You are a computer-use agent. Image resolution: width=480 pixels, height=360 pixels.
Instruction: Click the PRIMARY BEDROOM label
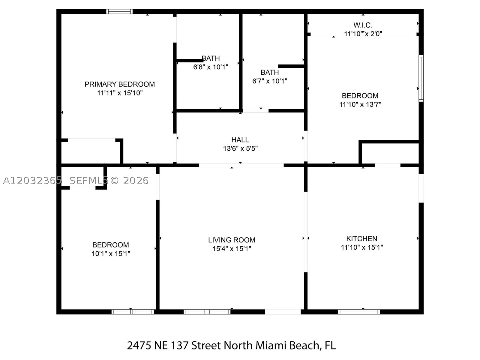[120, 84]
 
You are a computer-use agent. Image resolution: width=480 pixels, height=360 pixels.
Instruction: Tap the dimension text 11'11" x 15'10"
[120, 93]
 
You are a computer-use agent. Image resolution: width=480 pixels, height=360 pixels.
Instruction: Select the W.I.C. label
[363, 25]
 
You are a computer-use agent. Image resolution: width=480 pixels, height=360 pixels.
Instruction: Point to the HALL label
[240, 140]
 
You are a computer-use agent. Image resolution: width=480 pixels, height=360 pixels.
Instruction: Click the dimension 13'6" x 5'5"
[240, 148]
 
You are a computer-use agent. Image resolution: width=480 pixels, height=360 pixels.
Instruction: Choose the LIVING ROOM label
[232, 240]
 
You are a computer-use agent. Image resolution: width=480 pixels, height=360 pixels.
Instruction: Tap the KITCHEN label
[362, 238]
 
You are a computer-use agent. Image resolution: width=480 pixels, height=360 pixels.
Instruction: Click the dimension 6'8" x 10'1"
[211, 67]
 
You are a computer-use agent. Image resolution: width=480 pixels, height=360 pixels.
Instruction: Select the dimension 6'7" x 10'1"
[270, 81]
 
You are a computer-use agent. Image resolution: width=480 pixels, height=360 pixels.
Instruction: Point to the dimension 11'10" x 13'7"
[360, 104]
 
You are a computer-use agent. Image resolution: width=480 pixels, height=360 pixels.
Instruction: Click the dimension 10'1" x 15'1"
[111, 253]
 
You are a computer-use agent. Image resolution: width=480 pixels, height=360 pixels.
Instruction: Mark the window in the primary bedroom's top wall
[119, 11]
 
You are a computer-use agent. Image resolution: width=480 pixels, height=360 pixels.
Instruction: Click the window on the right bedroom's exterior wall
[421, 78]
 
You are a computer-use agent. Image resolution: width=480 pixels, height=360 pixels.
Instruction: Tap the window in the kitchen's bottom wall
[359, 312]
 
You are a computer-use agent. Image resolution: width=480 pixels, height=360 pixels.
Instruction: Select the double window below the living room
[207, 312]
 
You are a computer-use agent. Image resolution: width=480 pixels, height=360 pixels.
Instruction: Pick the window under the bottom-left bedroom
[133, 312]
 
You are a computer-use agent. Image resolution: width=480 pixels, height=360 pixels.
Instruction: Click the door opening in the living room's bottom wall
[283, 312]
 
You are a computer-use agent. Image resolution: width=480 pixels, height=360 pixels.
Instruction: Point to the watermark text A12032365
[32, 181]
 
